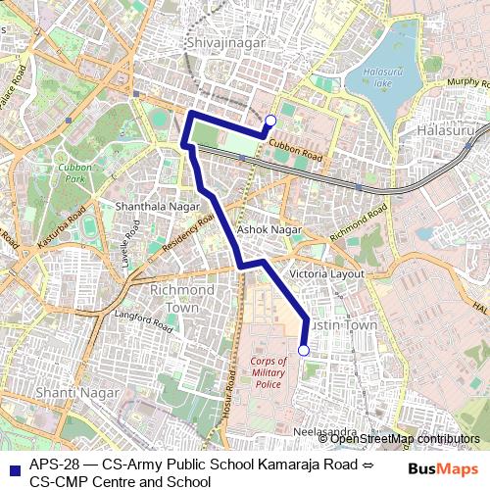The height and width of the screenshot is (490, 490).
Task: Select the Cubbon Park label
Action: [74, 173]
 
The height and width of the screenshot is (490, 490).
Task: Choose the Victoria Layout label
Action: [327, 273]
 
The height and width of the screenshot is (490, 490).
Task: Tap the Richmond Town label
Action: [181, 299]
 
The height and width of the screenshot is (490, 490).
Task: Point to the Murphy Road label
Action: [466, 83]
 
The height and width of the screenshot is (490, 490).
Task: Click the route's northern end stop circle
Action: [270, 121]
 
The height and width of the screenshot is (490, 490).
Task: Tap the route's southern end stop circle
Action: [304, 350]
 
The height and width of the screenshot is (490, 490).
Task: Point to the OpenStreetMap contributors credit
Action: [404, 439]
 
